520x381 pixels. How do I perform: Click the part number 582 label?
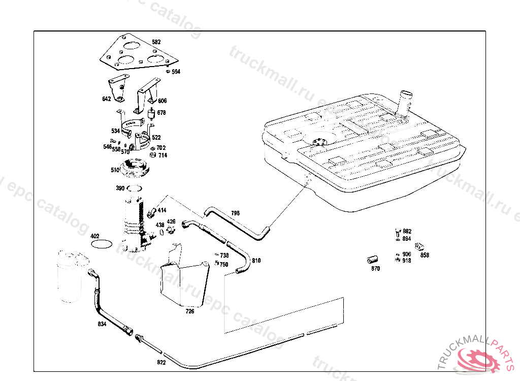156,42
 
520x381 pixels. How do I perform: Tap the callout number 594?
176,72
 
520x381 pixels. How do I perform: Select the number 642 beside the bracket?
106,100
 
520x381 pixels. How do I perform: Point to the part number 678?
161,113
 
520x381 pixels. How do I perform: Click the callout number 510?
115,170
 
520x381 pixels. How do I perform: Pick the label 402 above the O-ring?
95,236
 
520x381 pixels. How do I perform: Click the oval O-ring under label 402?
102,244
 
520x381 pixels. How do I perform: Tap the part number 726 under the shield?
190,311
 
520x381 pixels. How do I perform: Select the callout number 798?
235,213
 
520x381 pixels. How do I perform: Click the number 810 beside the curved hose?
256,261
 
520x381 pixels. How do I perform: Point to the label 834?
102,324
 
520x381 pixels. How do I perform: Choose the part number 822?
161,363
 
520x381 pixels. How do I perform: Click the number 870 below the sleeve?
375,269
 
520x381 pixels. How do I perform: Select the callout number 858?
425,256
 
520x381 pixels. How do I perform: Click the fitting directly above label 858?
419,247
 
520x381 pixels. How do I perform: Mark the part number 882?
407,231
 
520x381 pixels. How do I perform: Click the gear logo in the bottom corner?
479,361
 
